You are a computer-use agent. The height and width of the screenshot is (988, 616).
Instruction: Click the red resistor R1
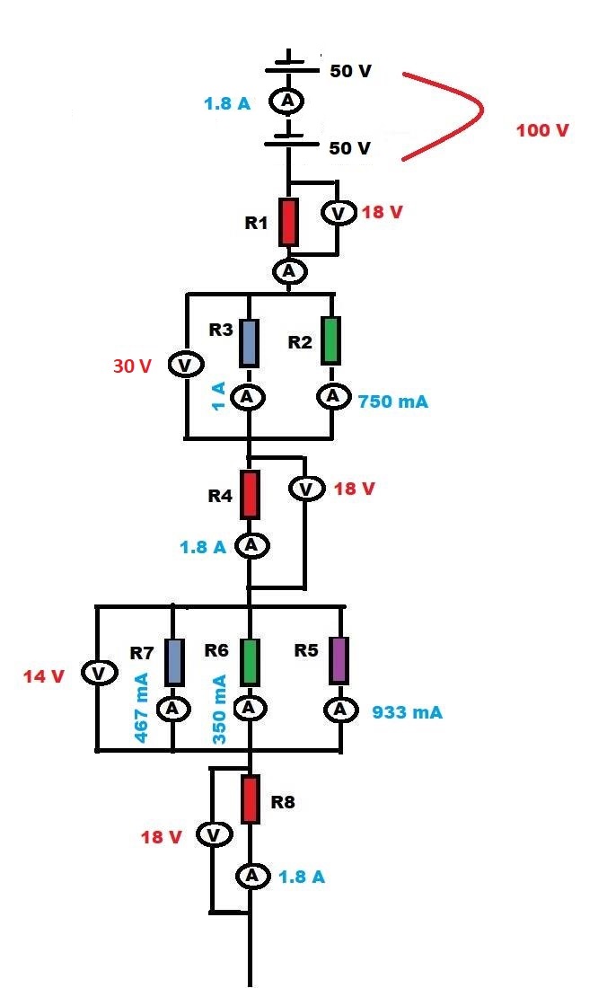287,222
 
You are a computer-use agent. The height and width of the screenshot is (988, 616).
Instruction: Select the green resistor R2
332,340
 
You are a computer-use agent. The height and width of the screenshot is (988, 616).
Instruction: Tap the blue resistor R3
250,342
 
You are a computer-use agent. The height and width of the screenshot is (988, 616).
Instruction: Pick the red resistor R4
251,494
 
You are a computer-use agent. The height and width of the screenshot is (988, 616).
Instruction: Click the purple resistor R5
339,660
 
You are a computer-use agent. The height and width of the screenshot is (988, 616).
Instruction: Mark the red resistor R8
251,798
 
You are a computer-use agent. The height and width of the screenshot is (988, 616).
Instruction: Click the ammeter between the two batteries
288,101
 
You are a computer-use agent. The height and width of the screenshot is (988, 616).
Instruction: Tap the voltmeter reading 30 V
186,366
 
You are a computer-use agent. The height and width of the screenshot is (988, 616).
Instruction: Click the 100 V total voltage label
542,131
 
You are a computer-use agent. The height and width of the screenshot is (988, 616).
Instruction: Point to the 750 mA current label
393,401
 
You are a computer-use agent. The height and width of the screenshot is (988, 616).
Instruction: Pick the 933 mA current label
407,712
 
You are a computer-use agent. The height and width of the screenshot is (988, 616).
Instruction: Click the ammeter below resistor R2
333,396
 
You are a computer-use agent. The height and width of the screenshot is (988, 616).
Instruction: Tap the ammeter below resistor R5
340,710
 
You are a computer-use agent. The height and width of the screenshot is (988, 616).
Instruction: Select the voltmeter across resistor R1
336,213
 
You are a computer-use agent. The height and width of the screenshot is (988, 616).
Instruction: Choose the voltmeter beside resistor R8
213,836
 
